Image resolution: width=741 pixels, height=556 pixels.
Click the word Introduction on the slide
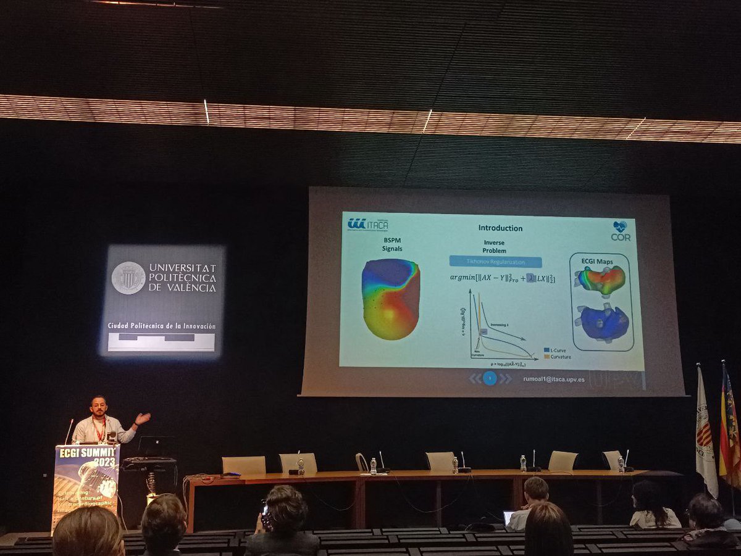point(500,228)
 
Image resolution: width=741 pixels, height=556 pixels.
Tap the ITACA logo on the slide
point(368,224)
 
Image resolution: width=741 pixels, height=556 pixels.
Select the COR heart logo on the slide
point(620,230)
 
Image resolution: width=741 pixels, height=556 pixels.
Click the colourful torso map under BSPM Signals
point(390,299)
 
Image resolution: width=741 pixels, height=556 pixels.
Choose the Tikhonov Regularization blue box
point(495,262)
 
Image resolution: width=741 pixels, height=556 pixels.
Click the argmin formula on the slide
point(502,278)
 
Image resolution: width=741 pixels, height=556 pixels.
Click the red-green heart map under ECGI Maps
point(600,281)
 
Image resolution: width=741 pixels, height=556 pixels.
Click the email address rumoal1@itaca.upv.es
point(553,380)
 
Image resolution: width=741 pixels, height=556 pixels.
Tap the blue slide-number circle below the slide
point(490,378)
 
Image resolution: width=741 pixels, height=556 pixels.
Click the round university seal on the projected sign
point(128,278)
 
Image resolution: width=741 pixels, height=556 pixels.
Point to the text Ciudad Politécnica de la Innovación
point(161,325)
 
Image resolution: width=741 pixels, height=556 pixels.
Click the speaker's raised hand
point(143,418)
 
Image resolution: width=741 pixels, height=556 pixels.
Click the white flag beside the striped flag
point(706,432)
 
